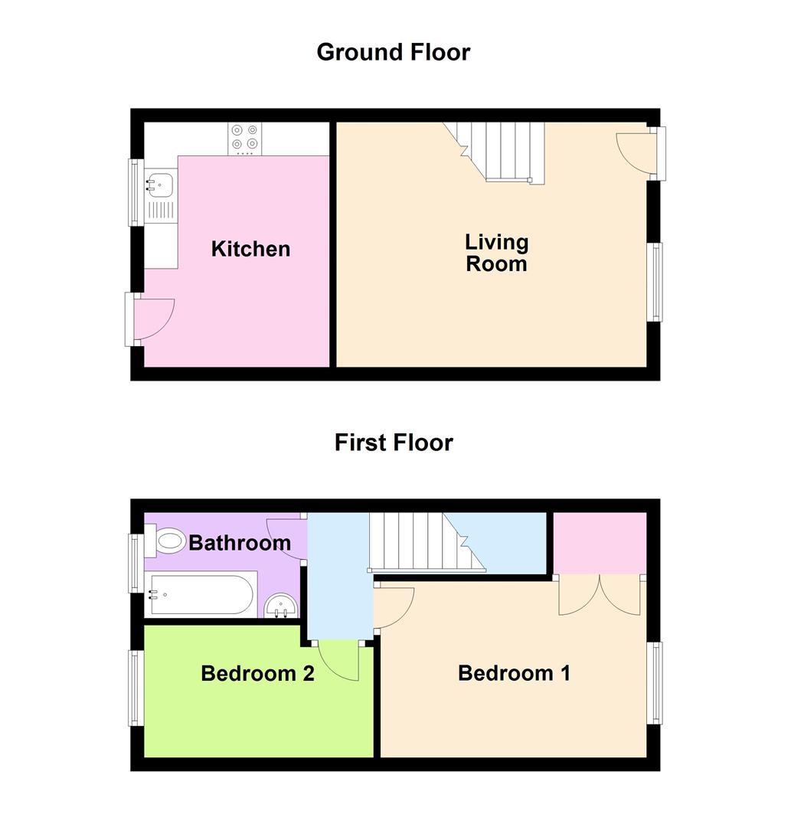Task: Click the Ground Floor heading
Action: click(x=393, y=52)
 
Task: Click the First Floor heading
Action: click(x=394, y=443)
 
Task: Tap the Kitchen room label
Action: click(x=250, y=249)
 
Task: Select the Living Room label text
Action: click(x=496, y=253)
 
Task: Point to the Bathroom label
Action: click(x=240, y=543)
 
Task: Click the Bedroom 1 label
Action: click(x=514, y=673)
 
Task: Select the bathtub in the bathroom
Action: click(x=202, y=595)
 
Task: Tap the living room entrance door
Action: click(x=635, y=151)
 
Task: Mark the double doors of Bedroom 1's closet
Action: click(x=600, y=596)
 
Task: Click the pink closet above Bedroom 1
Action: click(x=600, y=543)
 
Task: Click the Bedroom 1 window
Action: click(x=656, y=682)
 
